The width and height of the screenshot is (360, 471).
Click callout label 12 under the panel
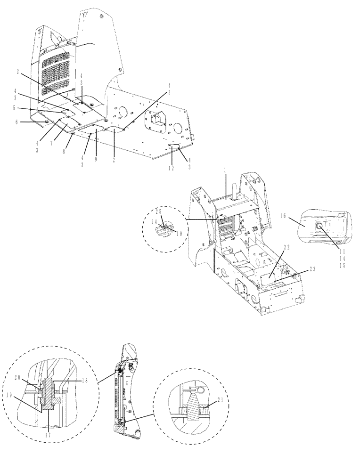172,168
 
